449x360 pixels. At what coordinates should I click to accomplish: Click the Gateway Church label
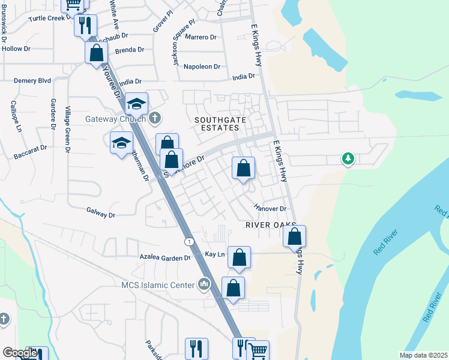coord(116,118)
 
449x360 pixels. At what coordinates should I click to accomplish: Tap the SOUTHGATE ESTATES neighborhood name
coord(220,125)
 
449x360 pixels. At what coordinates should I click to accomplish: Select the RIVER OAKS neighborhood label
coord(271,224)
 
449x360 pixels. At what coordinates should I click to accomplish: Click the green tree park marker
coord(348,159)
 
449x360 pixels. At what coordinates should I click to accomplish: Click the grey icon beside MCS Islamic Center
coord(203,283)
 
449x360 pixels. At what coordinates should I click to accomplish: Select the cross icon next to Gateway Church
coord(155,118)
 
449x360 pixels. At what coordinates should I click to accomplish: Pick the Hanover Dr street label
coord(270,208)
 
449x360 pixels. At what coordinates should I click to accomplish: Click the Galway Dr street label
coord(100,212)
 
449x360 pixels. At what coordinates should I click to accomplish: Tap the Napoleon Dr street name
coord(202,66)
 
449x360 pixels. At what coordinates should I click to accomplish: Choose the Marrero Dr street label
coord(200,37)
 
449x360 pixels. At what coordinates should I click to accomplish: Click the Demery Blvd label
coord(32,80)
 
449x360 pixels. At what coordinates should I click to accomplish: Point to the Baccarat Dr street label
coord(30,152)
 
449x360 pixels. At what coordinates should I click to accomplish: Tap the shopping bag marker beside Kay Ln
coord(239,257)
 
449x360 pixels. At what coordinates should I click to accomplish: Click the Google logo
coord(20,353)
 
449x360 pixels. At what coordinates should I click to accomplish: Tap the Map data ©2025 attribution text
coord(423,355)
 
